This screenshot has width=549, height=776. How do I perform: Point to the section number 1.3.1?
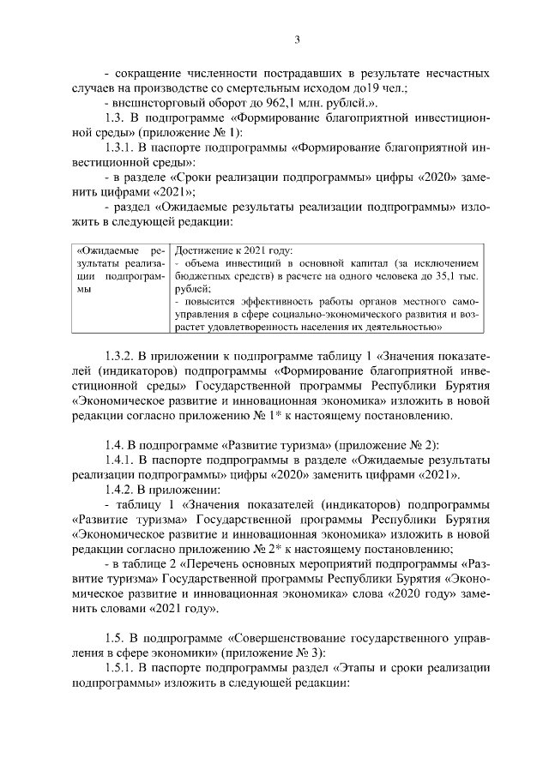pyautogui.click(x=123, y=147)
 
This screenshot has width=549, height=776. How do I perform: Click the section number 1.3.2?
pyautogui.click(x=123, y=356)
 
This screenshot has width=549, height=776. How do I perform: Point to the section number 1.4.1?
pyautogui.click(x=123, y=460)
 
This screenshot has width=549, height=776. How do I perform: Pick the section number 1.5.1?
pyautogui.click(x=123, y=671)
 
